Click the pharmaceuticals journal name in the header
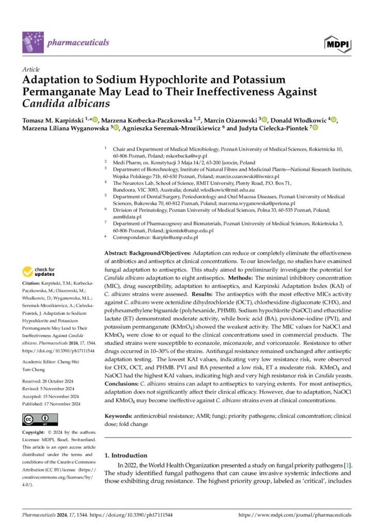77,42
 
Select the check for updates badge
38,272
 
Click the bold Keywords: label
119,415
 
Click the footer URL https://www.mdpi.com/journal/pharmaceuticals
294,515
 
